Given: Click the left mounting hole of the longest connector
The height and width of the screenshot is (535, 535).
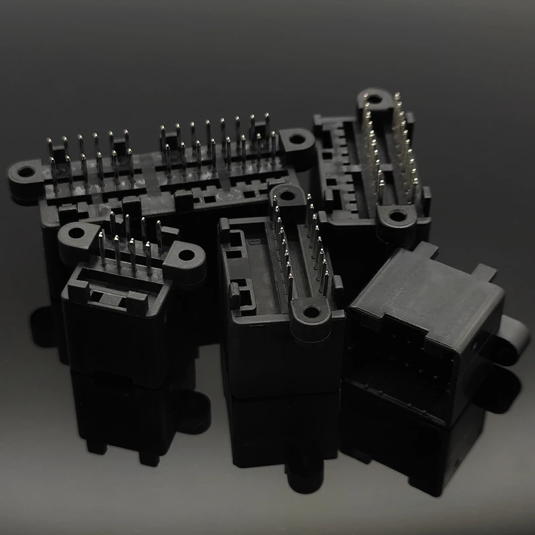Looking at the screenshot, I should tap(27, 173).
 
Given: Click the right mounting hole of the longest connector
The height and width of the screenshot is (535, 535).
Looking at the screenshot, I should tap(294, 140).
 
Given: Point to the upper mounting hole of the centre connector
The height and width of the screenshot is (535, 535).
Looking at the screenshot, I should tap(288, 197).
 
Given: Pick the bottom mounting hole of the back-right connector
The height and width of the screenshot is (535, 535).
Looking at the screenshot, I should tap(399, 216).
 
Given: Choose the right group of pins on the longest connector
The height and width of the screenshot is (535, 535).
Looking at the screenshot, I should tap(217, 144).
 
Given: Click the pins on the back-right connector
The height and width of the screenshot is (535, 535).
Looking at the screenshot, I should tap(391, 150).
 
